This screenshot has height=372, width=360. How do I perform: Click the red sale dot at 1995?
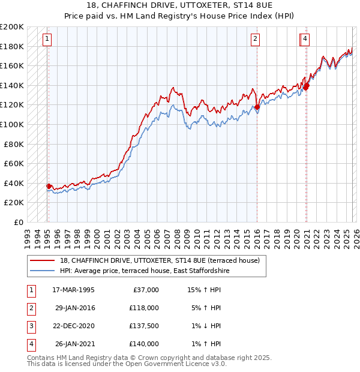(x=49, y=186)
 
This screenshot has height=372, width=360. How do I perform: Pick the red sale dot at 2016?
(x=257, y=107)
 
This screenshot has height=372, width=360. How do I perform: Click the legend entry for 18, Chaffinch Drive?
(x=160, y=260)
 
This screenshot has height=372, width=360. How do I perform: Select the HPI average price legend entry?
(x=145, y=271)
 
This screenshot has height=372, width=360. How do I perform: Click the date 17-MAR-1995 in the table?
(x=73, y=290)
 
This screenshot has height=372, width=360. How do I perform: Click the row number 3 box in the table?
(x=30, y=326)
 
